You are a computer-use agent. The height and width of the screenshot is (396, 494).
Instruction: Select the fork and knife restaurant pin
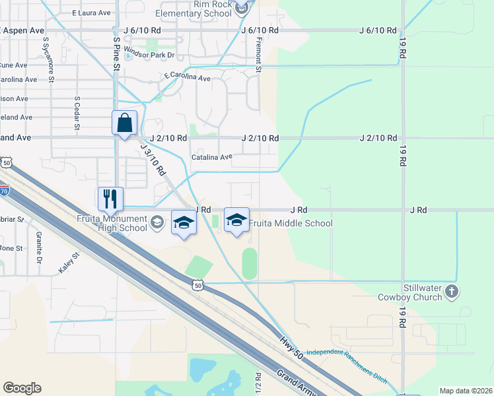[x=110, y=198]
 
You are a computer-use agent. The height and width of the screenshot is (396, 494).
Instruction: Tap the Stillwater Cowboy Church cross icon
[x=451, y=291]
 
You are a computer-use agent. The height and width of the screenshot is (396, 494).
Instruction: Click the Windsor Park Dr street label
[x=149, y=55]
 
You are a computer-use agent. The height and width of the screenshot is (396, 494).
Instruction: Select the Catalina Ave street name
[x=212, y=157]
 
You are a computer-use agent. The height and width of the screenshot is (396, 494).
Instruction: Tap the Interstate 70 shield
[x=5, y=191]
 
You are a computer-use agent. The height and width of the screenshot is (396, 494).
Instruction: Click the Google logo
[x=22, y=388]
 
